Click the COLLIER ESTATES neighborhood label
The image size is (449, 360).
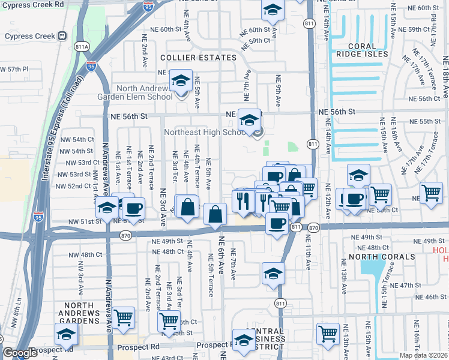[x=198, y=58]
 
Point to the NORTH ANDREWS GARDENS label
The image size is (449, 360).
[x=79, y=313]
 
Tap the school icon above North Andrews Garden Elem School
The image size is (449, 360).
[x=180, y=81]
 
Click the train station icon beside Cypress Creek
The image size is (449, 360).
[x=62, y=35]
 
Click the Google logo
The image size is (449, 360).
[x=20, y=353]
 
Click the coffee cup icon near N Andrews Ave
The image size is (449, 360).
[x=133, y=208]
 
